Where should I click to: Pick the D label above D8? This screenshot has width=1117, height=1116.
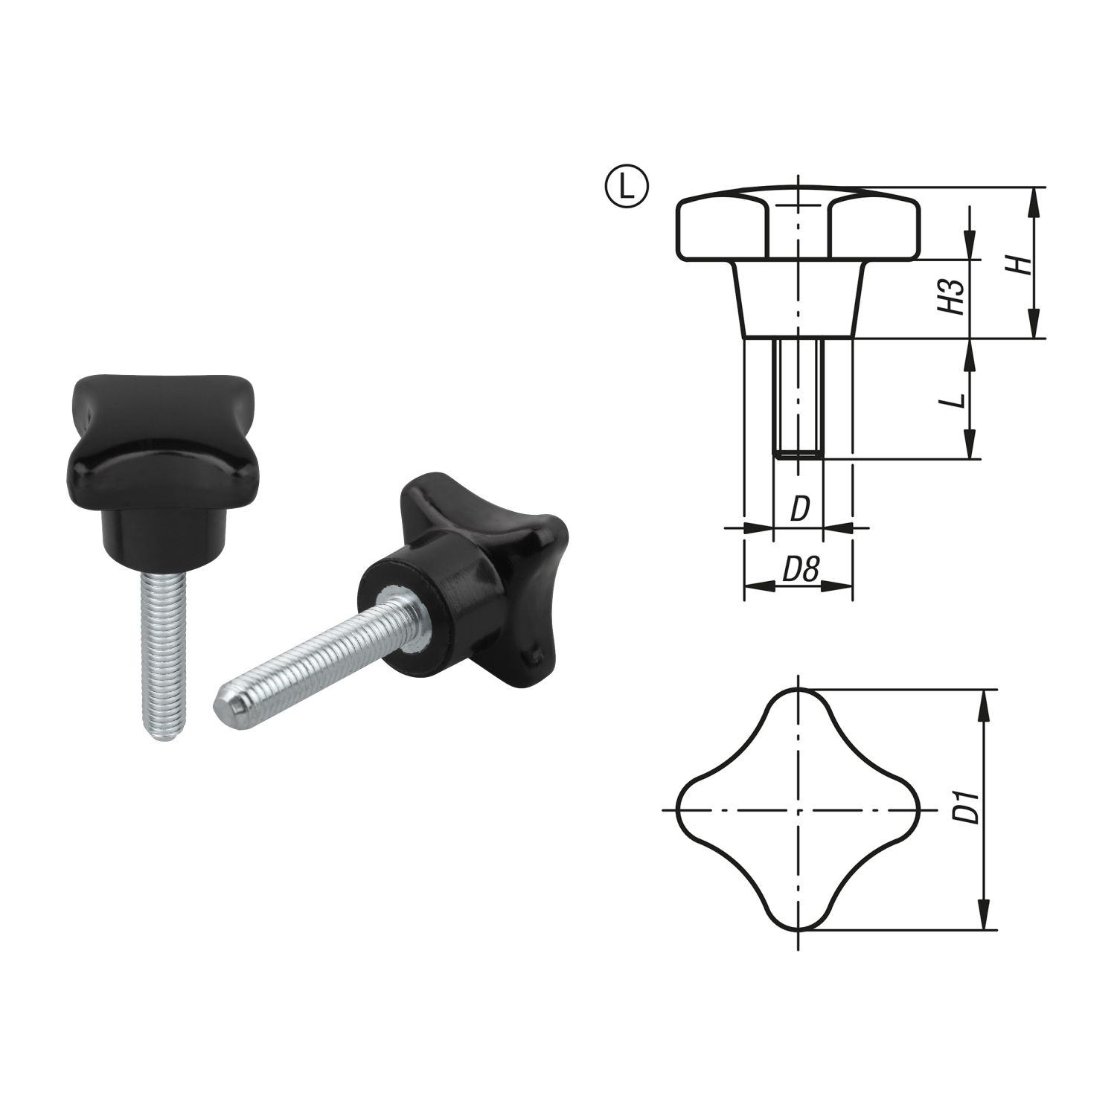(798, 509)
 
